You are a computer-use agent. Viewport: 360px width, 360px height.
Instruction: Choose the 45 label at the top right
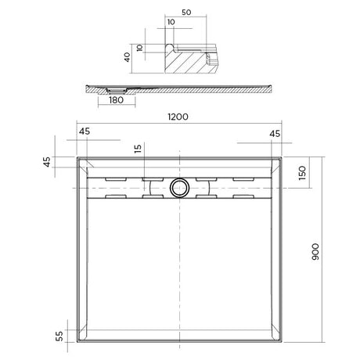tap(274, 133)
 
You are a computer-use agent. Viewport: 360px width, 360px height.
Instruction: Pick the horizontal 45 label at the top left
tap(84, 131)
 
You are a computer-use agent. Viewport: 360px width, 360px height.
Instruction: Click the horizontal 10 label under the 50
tap(171, 23)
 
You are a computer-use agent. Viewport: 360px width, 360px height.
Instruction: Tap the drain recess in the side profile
tap(111, 90)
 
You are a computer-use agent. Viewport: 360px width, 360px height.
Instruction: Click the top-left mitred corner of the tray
tap(83, 163)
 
